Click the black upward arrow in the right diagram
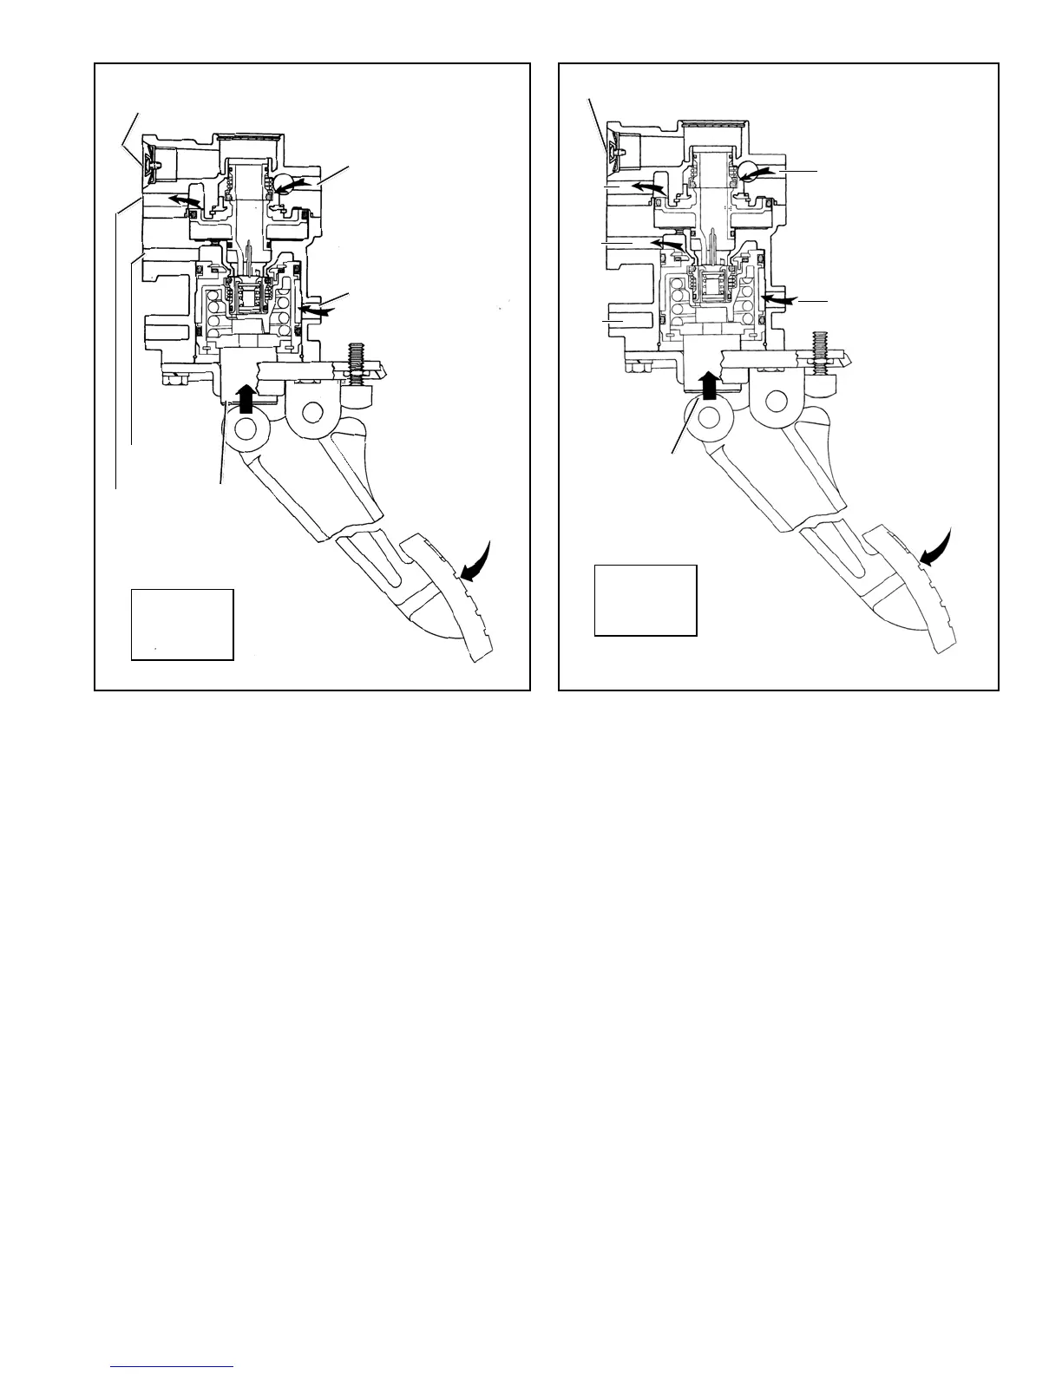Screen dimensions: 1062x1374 (710, 384)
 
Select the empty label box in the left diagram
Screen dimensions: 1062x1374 (182, 625)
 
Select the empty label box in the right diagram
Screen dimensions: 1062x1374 (646, 600)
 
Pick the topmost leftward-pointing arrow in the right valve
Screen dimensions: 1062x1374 (648, 187)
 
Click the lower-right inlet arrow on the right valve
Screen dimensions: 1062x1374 (777, 298)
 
